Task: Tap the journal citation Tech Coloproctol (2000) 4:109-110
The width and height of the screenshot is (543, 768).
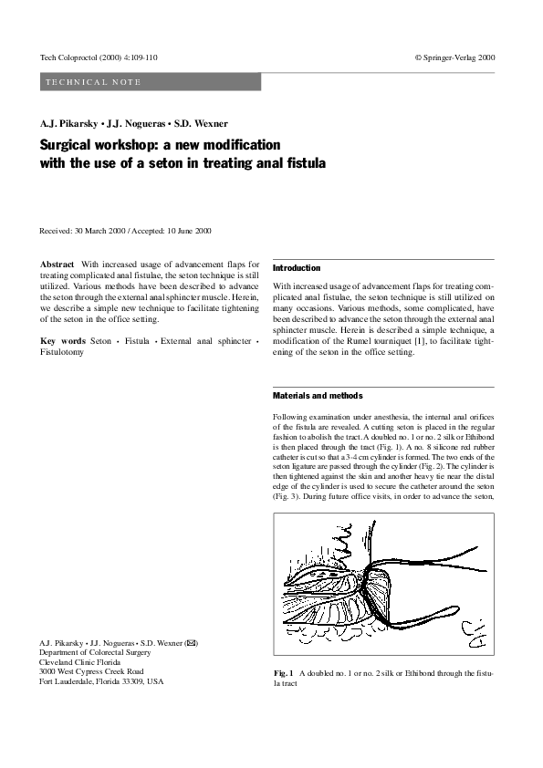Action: pos(99,57)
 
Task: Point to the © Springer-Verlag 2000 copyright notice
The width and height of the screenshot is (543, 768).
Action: pos(454,57)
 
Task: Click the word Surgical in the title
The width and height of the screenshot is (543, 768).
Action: pos(68,146)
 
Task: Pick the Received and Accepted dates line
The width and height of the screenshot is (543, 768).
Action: pos(126,231)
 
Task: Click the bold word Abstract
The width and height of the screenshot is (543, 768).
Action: pos(58,263)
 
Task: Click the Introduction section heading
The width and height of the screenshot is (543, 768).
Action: pos(298,268)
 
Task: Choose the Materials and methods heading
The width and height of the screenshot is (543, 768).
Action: pos(318,396)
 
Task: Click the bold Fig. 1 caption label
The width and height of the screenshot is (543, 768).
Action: pos(283,672)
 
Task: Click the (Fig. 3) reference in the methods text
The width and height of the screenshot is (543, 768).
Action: pos(287,497)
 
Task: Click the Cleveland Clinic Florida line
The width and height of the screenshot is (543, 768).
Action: pos(86,662)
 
